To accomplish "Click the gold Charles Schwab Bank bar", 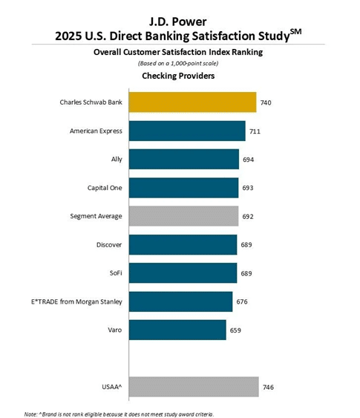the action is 193,102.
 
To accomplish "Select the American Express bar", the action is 187,131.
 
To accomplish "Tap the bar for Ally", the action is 184,159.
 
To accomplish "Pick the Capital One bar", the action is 183,188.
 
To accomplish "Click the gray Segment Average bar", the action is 183,216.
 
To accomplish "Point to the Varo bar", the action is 177,330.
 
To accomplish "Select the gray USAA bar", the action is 194,387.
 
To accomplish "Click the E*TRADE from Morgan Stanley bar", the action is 180,301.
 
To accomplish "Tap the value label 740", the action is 266,102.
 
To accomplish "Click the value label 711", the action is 255,131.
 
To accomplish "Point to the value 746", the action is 268,387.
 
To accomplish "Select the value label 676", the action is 242,301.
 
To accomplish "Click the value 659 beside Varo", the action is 235,330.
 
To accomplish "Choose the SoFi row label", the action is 116,273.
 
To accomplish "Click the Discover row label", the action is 109,245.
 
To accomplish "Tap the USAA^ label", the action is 112,387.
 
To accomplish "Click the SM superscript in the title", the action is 295,31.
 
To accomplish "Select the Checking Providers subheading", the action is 178,76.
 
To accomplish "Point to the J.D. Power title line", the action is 177,22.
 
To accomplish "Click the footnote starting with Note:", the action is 119,414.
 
